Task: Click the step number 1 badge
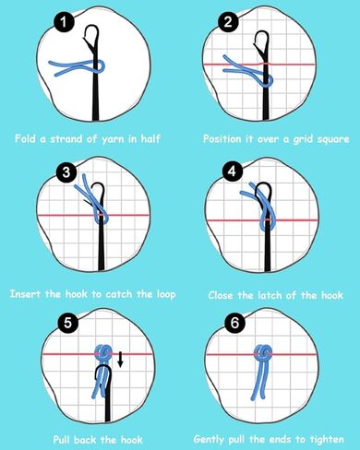click(x=64, y=22)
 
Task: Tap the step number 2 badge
click(x=228, y=22)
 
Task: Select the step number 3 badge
click(x=66, y=172)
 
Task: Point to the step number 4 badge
click(x=233, y=172)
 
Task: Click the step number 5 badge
click(x=68, y=323)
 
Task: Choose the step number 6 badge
click(x=234, y=323)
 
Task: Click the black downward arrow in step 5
click(x=121, y=360)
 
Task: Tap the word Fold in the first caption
click(x=26, y=138)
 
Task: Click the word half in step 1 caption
click(x=150, y=138)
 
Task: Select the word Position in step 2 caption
click(x=222, y=139)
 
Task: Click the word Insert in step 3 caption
click(x=25, y=294)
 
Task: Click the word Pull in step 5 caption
click(x=62, y=439)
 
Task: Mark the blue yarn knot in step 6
click(x=263, y=353)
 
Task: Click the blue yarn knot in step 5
click(x=103, y=352)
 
